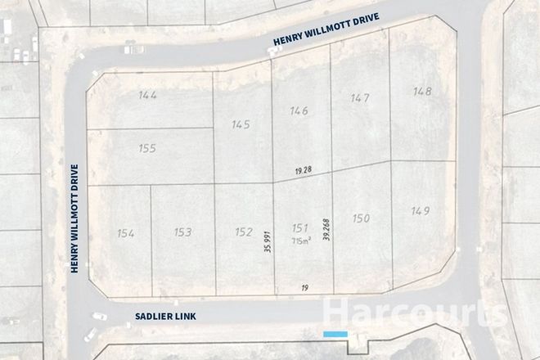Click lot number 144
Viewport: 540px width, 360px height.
[x=148, y=96]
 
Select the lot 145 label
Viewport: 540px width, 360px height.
[x=241, y=125]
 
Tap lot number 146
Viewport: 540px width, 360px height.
[x=299, y=111]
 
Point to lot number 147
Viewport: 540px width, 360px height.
[x=360, y=98]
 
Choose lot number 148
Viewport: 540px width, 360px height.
[x=421, y=91]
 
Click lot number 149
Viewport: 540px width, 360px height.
[x=421, y=211]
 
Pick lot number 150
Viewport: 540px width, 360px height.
[x=361, y=218]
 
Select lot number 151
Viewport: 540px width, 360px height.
[x=299, y=228]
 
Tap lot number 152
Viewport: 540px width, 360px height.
[x=243, y=232]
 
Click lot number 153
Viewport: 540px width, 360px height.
[x=182, y=233]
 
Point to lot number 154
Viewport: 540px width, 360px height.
[x=125, y=234]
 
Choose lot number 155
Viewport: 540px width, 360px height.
[x=147, y=149]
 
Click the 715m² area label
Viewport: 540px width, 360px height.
[x=300, y=241]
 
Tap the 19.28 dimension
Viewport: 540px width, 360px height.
[x=304, y=170]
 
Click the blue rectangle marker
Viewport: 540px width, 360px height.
[x=335, y=335]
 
